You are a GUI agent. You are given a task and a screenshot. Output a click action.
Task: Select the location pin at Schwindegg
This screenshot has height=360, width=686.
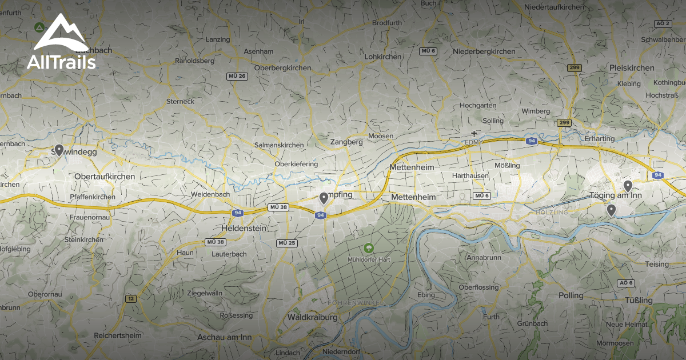[58, 151]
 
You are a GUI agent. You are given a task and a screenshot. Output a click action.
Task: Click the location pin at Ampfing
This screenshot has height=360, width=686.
[324, 198]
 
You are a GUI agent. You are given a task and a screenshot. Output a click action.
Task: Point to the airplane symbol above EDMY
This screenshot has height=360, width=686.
[474, 134]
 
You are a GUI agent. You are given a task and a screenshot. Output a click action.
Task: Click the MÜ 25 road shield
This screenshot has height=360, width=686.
[286, 243]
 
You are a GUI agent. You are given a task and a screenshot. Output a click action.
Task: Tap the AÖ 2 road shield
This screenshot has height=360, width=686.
[662, 23]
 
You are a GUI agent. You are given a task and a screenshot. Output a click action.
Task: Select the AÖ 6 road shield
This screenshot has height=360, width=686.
[626, 283]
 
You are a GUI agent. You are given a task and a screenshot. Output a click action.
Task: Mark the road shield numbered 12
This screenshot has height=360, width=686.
[131, 298]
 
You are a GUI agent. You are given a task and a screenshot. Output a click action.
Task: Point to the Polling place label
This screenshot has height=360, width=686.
[571, 295]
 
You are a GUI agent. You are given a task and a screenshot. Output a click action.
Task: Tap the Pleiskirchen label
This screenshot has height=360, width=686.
[632, 67]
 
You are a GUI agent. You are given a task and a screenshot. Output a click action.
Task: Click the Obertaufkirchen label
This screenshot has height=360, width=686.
[105, 177]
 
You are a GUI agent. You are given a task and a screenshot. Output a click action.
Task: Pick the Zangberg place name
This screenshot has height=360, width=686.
[346, 142]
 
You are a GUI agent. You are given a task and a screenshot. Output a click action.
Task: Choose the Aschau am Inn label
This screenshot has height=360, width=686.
[224, 337]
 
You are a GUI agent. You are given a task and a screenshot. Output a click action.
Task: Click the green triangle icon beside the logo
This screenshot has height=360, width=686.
[38, 27]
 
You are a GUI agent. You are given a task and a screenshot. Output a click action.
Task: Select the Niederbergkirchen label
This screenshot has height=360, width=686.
[484, 51]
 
